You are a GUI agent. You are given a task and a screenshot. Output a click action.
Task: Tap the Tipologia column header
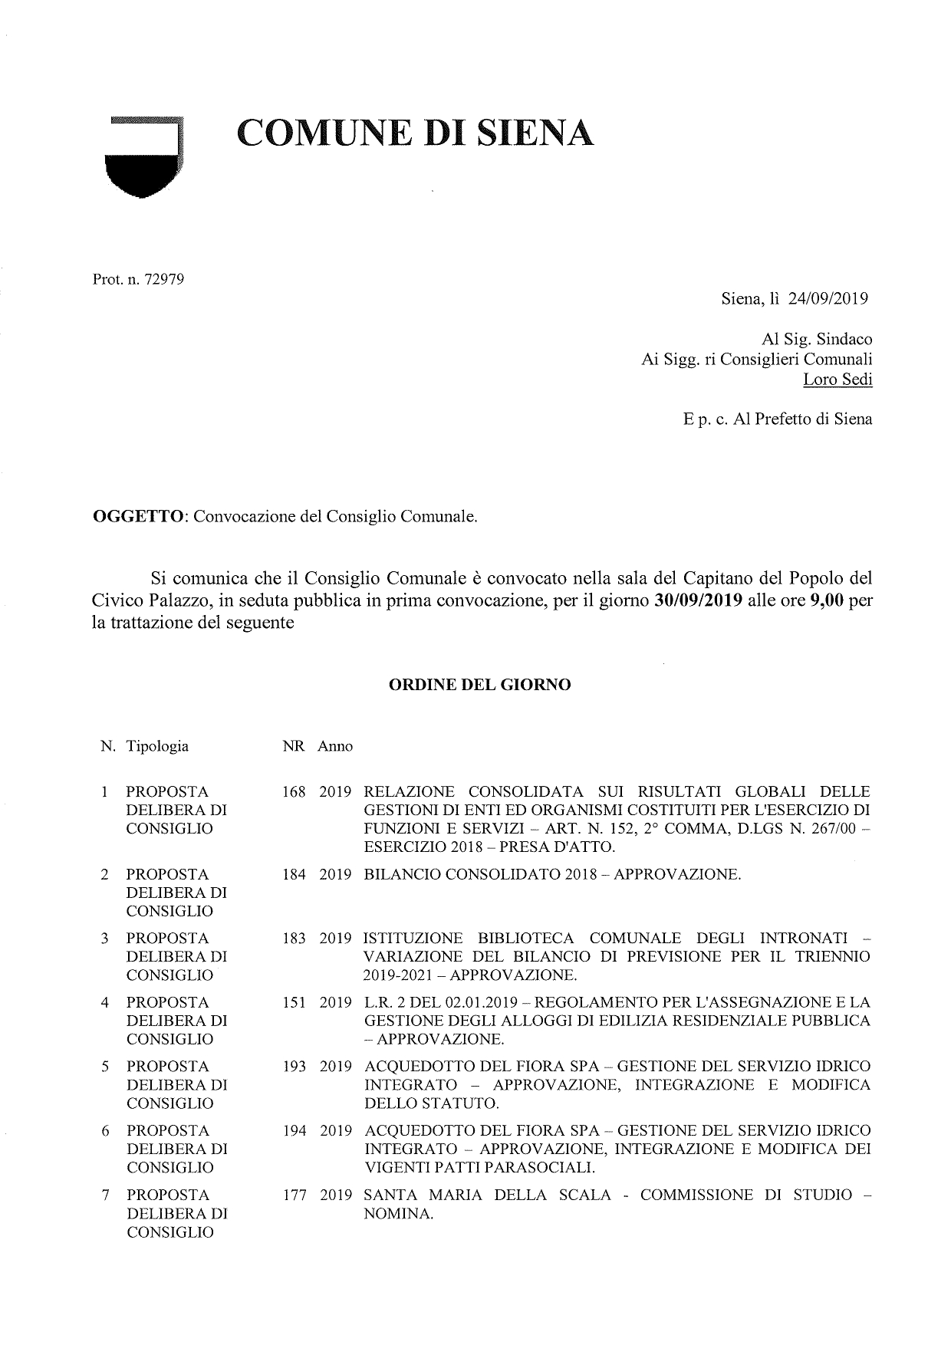(x=157, y=746)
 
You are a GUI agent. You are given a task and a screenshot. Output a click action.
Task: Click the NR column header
(x=294, y=746)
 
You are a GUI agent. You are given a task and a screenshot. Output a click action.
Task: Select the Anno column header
(x=335, y=746)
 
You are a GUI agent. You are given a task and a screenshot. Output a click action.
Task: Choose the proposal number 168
(x=294, y=791)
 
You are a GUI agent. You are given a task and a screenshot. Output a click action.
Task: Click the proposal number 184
(x=294, y=874)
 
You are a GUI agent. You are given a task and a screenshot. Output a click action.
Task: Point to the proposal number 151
(x=294, y=1002)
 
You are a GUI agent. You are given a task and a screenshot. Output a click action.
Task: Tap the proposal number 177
(x=294, y=1195)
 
